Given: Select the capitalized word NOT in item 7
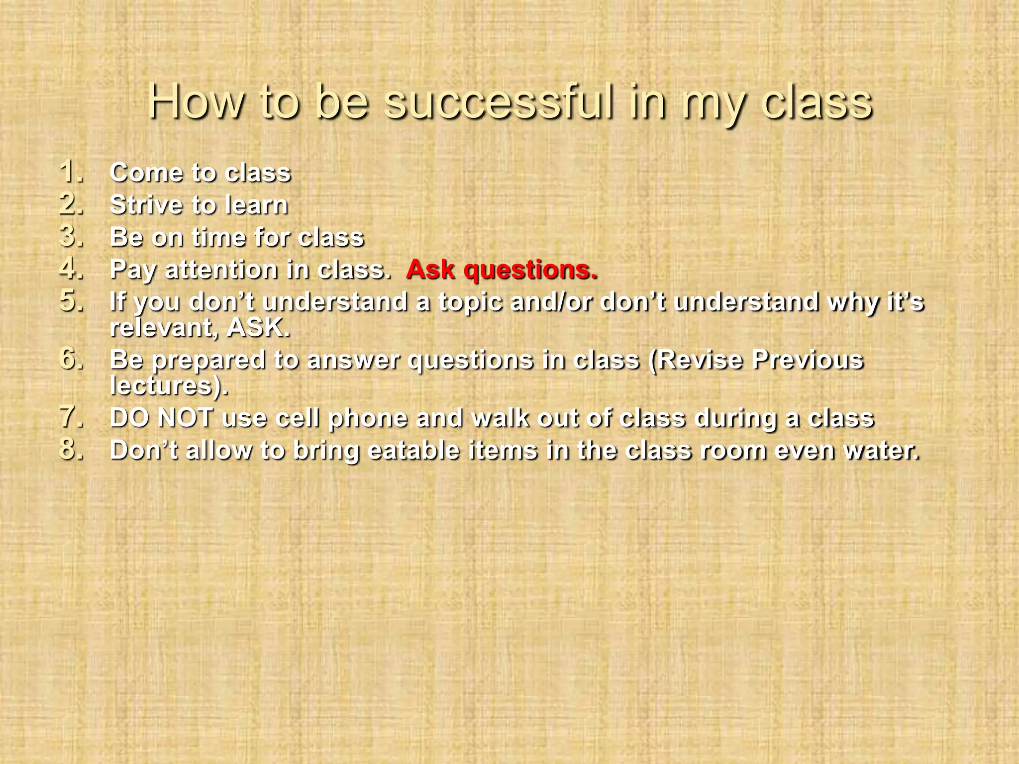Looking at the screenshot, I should (185, 418).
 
